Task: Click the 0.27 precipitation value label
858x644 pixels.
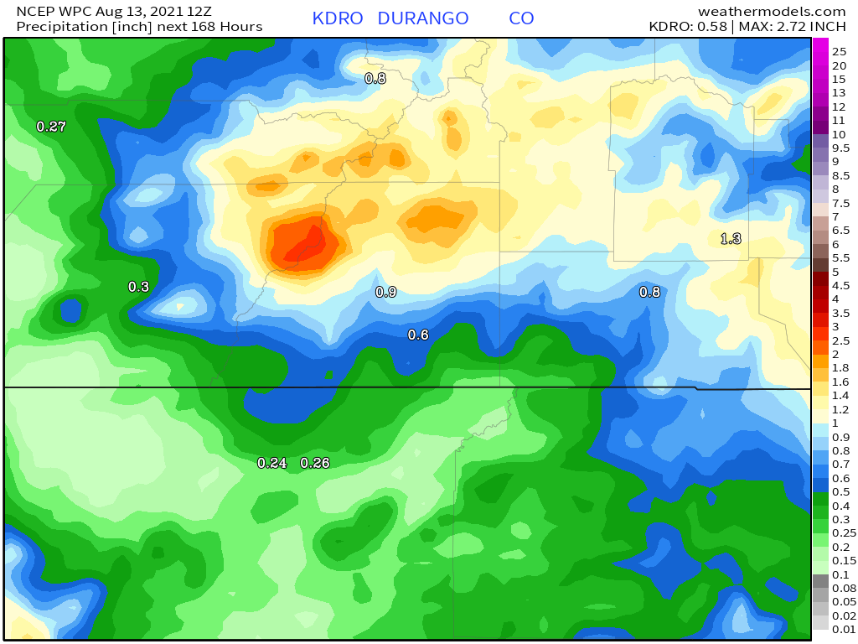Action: tap(51, 127)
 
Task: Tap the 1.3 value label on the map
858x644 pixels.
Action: tap(731, 239)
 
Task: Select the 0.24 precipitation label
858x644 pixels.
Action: tap(272, 463)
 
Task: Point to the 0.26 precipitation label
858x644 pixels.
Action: tap(315, 463)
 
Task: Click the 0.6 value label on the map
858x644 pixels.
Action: tap(418, 335)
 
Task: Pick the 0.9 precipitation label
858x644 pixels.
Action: tap(385, 292)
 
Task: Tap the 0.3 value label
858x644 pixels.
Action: tap(138, 287)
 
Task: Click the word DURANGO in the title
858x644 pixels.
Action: tap(422, 18)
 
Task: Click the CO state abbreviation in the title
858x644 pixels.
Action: tap(521, 18)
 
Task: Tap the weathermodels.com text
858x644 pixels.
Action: tap(772, 11)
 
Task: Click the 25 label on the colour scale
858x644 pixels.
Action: tap(840, 52)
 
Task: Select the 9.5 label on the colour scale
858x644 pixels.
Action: tap(840, 148)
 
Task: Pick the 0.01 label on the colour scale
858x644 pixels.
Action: tap(844, 629)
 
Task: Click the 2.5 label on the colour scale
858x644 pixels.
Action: tap(840, 340)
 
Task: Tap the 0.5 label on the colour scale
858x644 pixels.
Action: tap(840, 491)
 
